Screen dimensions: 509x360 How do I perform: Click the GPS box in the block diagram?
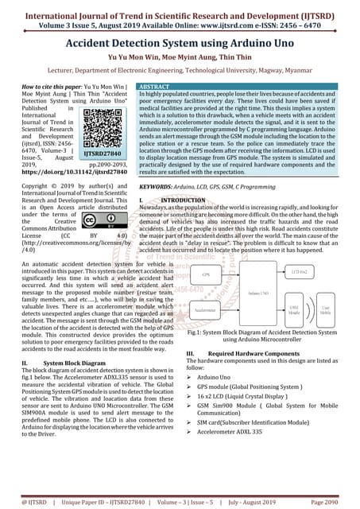tap(207, 274)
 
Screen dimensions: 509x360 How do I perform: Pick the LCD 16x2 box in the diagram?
tap(300, 272)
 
